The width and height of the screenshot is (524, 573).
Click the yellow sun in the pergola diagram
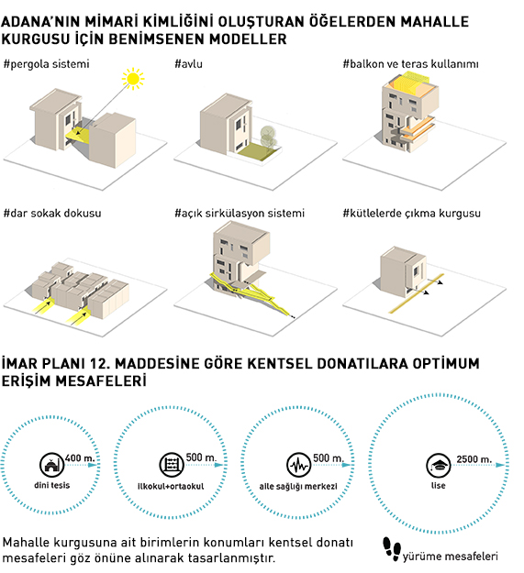[x=133, y=79]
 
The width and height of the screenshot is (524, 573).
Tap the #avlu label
[x=189, y=64]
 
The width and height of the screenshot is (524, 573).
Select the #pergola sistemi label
[x=47, y=64]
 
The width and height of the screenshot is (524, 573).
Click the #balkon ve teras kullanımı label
[x=410, y=64]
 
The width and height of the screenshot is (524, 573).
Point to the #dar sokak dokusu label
[x=52, y=213]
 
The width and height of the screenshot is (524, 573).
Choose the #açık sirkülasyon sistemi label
[x=240, y=213]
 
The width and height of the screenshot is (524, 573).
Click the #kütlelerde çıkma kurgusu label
[x=412, y=214]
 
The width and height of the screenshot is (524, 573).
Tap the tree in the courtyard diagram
[x=268, y=138]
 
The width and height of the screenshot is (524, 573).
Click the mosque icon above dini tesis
[x=52, y=465]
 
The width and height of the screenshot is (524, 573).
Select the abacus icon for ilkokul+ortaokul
[x=172, y=465]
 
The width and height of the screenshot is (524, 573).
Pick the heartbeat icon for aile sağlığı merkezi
[x=299, y=465]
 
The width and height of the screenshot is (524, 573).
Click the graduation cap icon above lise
[x=439, y=465]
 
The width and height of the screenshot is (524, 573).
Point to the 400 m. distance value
[x=80, y=458]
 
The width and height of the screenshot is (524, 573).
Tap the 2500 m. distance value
[x=474, y=459]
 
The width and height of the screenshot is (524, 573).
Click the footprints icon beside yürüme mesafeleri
[x=392, y=549]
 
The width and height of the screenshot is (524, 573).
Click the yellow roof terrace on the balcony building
[x=409, y=83]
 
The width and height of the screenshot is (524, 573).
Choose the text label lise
[x=438, y=485]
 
